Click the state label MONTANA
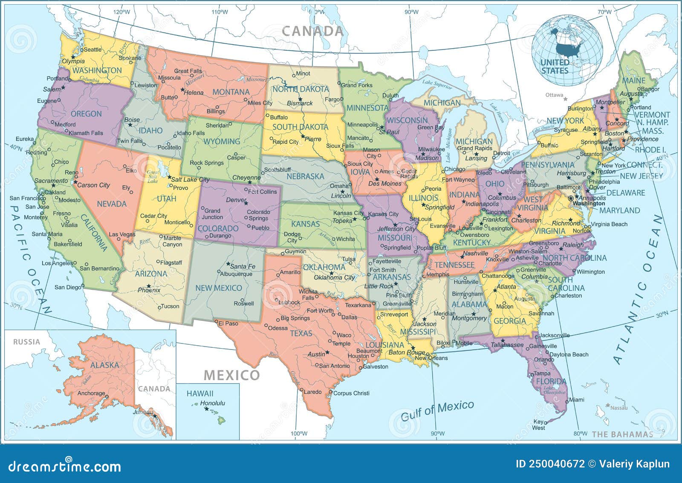click(231, 92)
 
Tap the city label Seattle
click(92, 49)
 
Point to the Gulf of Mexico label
click(437, 410)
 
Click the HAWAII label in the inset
click(200, 393)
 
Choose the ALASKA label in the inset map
click(104, 365)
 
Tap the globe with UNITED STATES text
click(567, 50)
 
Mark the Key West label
click(539, 425)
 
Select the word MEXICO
click(231, 375)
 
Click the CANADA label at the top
click(312, 31)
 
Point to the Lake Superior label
click(437, 84)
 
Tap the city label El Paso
click(228, 323)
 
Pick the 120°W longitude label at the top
click(121, 12)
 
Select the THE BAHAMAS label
click(622, 434)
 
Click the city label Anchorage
click(91, 393)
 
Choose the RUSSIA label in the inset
click(26, 342)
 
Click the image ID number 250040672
click(556, 464)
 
